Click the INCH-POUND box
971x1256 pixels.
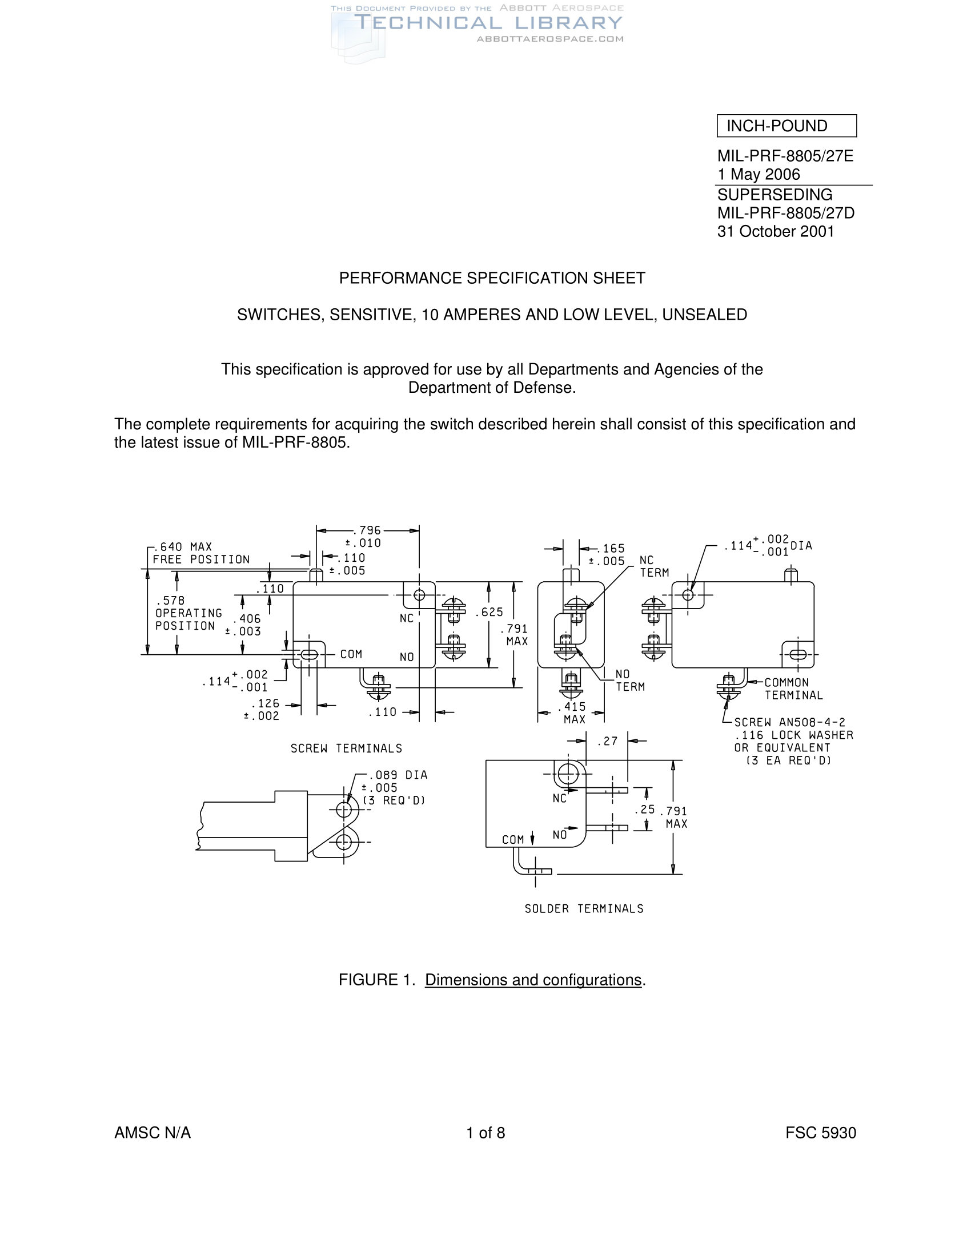(786, 126)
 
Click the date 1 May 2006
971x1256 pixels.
(758, 174)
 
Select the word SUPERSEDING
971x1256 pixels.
(775, 194)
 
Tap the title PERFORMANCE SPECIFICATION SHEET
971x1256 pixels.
(492, 279)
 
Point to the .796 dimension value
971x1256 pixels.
(368, 530)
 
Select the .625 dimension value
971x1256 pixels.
(489, 612)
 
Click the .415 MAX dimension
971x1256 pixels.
(573, 712)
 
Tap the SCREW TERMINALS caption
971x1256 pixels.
(346, 748)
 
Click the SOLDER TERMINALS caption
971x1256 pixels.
(584, 909)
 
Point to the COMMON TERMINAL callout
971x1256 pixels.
(793, 689)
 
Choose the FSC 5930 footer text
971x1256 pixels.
(820, 1133)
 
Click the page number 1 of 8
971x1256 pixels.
(485, 1133)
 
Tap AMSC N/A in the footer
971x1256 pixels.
(153, 1133)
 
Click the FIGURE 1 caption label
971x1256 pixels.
(377, 980)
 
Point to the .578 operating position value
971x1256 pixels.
(170, 601)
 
